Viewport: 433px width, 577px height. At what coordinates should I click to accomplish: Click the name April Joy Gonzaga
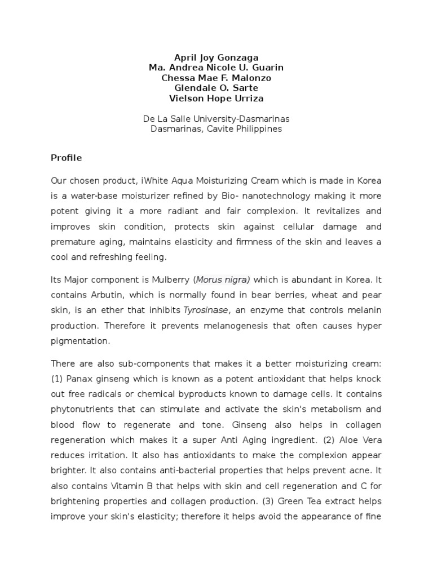[216, 57]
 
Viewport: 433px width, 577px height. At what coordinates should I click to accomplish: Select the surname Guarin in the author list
[268, 68]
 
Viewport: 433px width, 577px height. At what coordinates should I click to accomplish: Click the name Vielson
[185, 98]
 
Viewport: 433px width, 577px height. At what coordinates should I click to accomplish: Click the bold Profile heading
[66, 158]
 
